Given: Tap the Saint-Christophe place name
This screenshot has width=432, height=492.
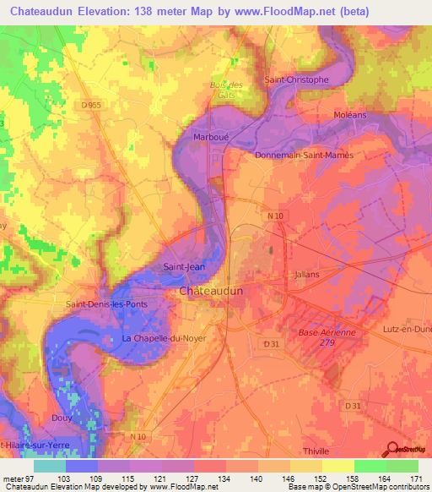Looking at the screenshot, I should (296, 79).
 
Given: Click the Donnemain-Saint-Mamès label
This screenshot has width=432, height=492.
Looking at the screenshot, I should (304, 156).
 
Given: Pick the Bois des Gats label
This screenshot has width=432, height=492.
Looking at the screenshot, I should (225, 90).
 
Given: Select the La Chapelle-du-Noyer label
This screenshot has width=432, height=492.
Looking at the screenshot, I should (164, 338).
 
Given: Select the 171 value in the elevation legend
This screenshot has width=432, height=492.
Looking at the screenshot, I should (413, 479).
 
